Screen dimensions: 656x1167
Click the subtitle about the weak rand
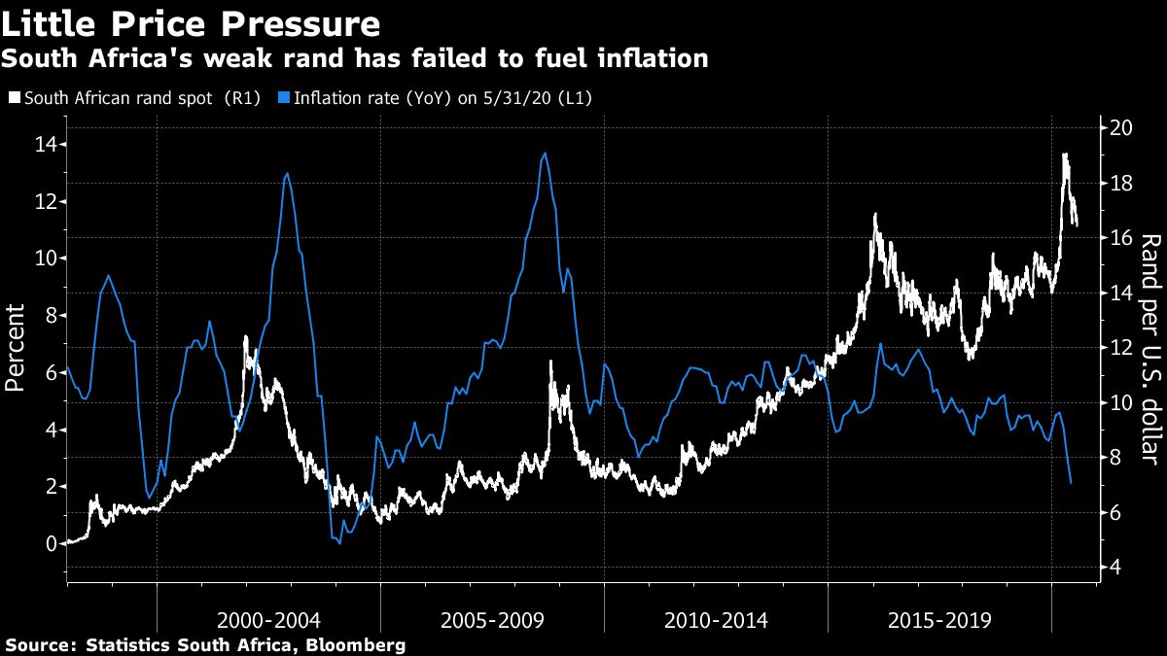(354, 59)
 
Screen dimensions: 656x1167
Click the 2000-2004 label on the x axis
(268, 620)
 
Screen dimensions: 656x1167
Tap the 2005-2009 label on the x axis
(492, 620)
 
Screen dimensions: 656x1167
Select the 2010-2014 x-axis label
(716, 620)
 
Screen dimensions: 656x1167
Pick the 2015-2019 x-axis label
(939, 620)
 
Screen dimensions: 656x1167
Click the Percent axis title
(16, 347)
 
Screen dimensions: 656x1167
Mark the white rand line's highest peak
(1065, 154)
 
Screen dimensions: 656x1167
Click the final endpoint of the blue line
(1071, 483)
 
